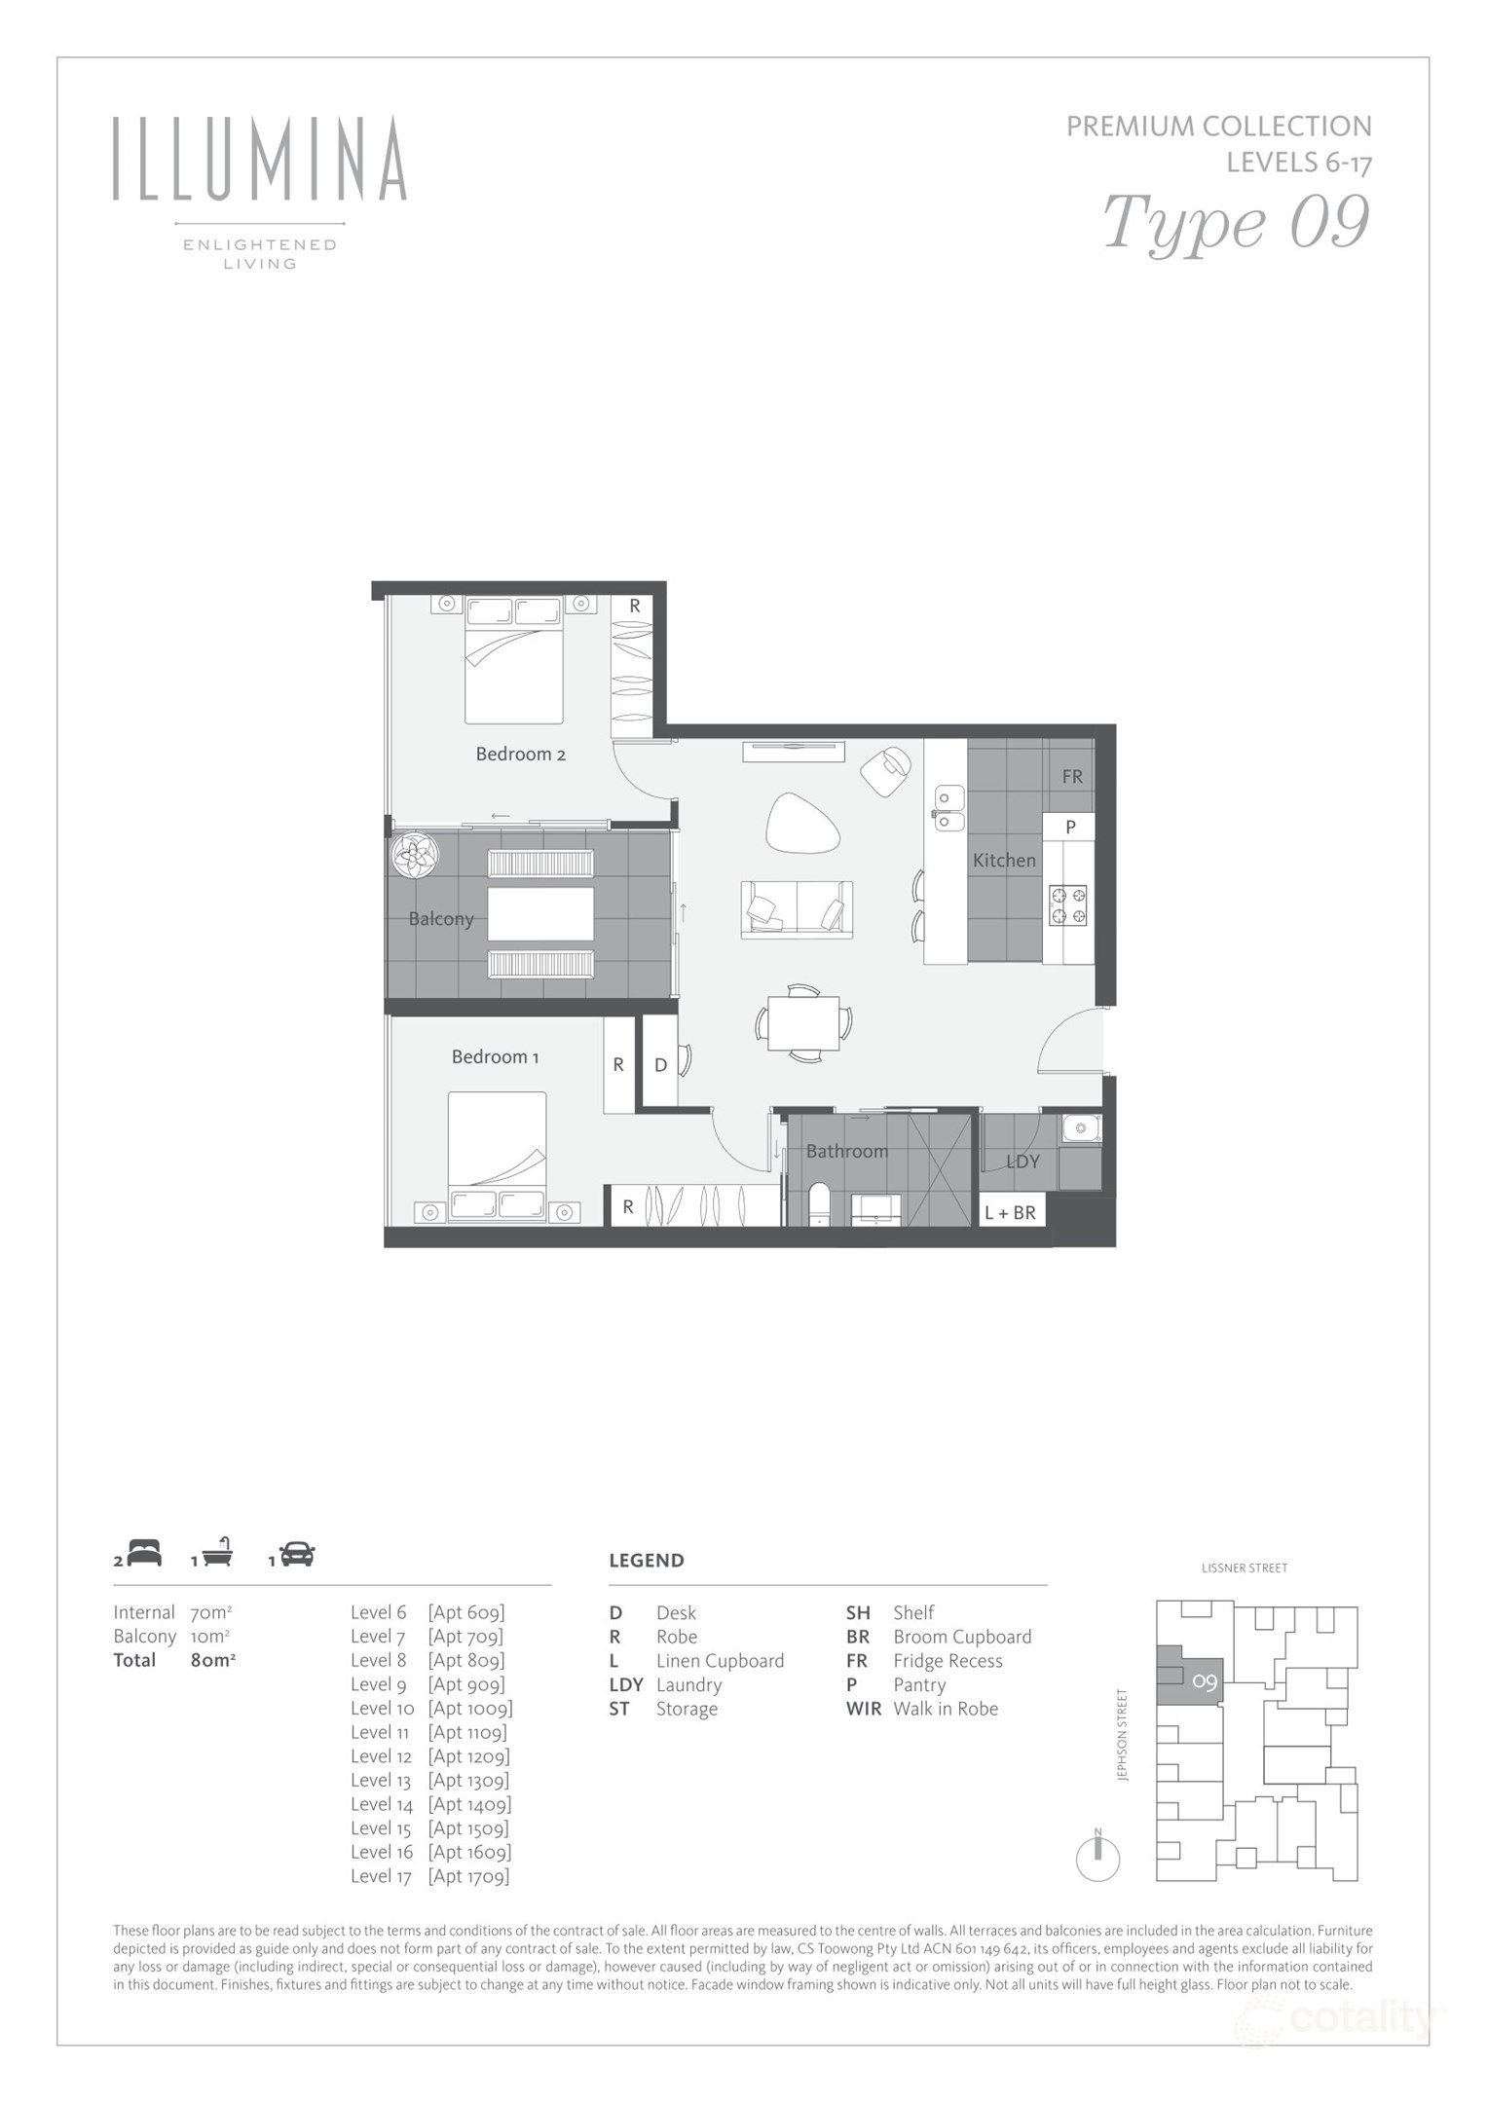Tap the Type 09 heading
(1236, 223)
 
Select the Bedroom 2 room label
(520, 754)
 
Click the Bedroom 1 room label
(495, 1056)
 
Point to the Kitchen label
(1004, 860)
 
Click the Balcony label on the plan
(440, 918)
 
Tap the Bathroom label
(846, 1151)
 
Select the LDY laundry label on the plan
(1022, 1162)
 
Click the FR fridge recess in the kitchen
(1072, 777)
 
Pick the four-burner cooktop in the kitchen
(1068, 904)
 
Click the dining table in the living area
(803, 1022)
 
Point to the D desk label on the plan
(660, 1065)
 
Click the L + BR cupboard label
(1010, 1212)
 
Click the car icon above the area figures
(298, 1555)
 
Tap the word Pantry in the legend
(919, 1684)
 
